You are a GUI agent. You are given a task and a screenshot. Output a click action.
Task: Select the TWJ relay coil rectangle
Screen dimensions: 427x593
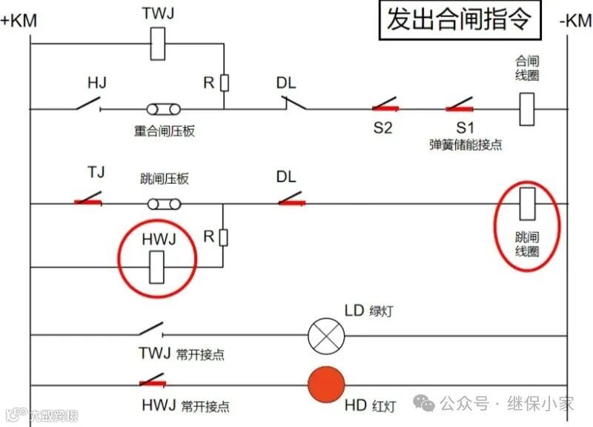(x=157, y=44)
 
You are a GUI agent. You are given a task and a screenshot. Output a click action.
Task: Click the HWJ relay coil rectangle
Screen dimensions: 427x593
(x=157, y=267)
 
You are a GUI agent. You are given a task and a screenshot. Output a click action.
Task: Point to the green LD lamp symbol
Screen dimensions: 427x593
(x=327, y=336)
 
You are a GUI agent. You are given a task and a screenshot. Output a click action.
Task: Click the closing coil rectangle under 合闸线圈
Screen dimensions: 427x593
(x=527, y=109)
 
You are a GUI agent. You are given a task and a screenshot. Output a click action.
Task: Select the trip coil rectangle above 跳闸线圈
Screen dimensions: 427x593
(x=527, y=204)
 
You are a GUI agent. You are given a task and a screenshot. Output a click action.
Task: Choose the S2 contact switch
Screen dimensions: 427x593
(x=386, y=105)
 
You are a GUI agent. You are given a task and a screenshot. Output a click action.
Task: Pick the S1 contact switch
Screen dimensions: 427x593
(x=460, y=105)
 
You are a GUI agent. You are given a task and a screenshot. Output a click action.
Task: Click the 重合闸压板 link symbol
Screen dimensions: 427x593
(x=163, y=110)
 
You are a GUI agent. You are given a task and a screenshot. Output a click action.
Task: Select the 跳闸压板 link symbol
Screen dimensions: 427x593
(x=163, y=204)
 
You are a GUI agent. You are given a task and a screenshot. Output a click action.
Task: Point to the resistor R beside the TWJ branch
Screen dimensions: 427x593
(x=224, y=82)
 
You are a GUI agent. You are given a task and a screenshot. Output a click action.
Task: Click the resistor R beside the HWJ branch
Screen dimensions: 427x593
(x=223, y=237)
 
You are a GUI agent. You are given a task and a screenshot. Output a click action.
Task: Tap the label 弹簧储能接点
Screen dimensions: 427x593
(x=466, y=145)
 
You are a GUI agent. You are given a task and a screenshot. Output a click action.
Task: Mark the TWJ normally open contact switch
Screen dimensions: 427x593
(x=151, y=328)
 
